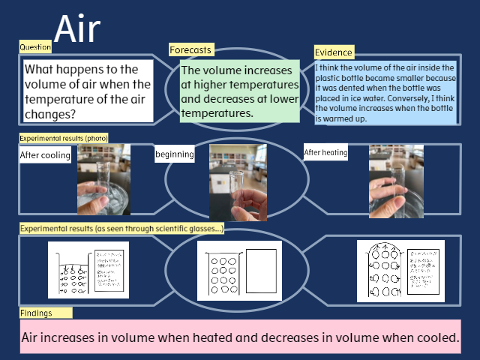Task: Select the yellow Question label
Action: pos(35,46)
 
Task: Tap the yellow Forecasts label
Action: pos(190,50)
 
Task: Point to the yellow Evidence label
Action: pos(334,52)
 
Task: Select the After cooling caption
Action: pos(46,155)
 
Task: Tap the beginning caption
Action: pos(174,154)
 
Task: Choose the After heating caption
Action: pos(326,153)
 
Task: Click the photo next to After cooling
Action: pos(103,180)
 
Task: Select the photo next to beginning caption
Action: pos(238,182)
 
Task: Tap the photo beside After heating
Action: pos(396,181)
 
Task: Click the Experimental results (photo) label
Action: pos(64,138)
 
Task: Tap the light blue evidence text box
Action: pos(385,92)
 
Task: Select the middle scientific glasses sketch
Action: pos(240,271)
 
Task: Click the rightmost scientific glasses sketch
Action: pos(400,271)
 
